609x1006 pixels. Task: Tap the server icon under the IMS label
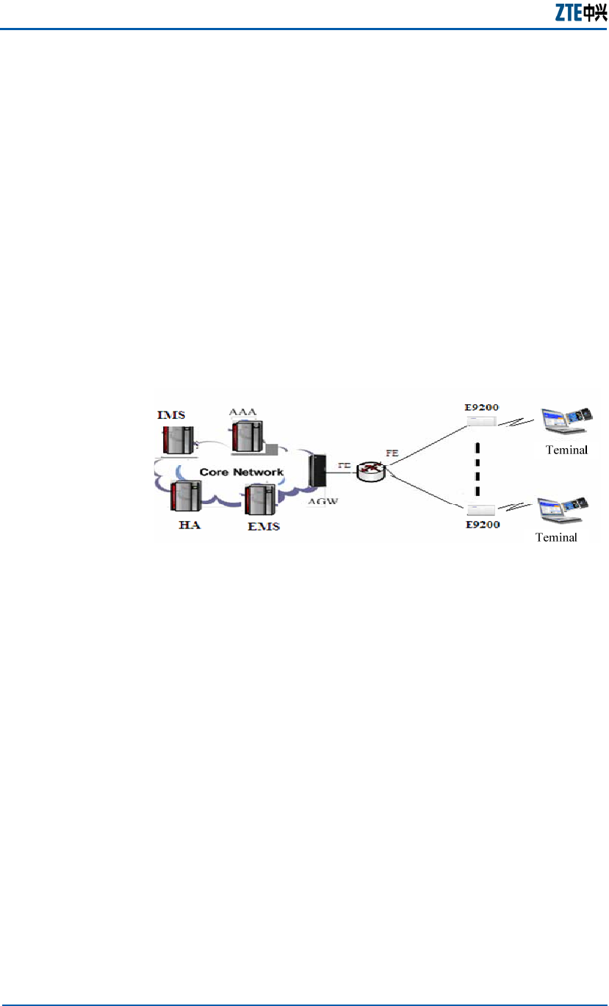pyautogui.click(x=176, y=438)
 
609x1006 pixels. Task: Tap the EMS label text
pyautogui.click(x=263, y=527)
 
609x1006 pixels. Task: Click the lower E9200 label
pyautogui.click(x=482, y=524)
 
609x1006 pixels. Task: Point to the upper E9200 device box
pyautogui.click(x=481, y=422)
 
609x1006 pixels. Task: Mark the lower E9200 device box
pyautogui.click(x=481, y=509)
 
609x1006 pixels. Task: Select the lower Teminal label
pyautogui.click(x=556, y=537)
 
